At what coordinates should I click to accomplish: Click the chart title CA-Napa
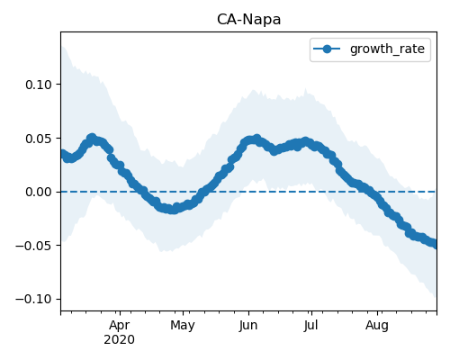[248, 20]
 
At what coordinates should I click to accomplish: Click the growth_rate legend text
[387, 49]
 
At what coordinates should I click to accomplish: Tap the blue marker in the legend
[327, 49]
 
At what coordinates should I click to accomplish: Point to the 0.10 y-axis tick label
[39, 85]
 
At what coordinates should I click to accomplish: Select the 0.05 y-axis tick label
[39, 139]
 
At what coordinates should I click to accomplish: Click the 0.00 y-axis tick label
[39, 192]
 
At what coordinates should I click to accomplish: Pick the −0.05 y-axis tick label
[34, 246]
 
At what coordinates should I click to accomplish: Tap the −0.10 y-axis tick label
[34, 299]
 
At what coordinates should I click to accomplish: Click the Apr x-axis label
[120, 326]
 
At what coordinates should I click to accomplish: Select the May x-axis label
[183, 326]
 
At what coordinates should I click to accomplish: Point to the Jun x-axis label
[248, 326]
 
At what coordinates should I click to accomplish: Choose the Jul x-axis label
[310, 326]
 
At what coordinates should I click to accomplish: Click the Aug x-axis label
[377, 326]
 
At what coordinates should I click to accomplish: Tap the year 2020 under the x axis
[119, 340]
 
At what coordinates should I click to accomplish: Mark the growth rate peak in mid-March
[92, 138]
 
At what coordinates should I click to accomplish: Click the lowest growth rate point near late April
[173, 210]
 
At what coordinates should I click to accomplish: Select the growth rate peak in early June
[256, 139]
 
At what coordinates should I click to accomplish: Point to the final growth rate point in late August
[435, 244]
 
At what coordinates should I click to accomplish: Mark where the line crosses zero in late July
[364, 192]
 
